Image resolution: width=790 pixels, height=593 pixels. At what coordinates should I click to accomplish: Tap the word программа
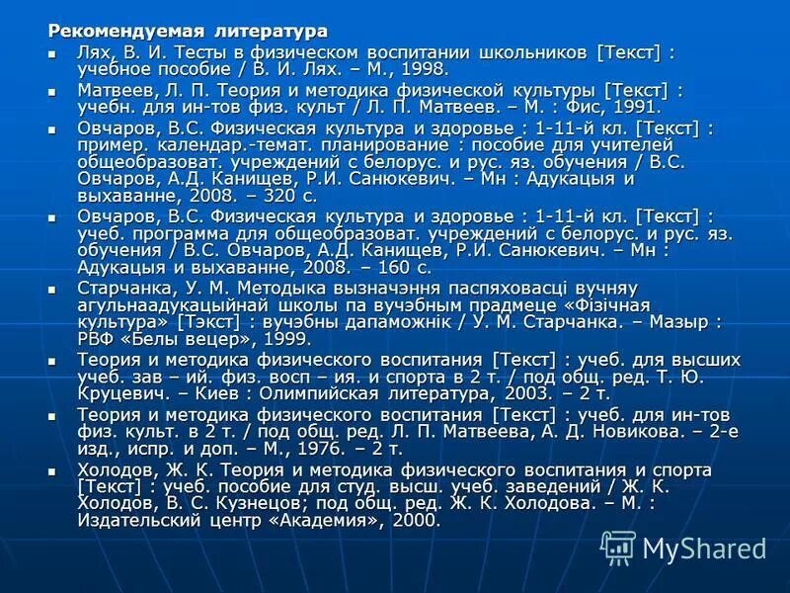tap(174, 232)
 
